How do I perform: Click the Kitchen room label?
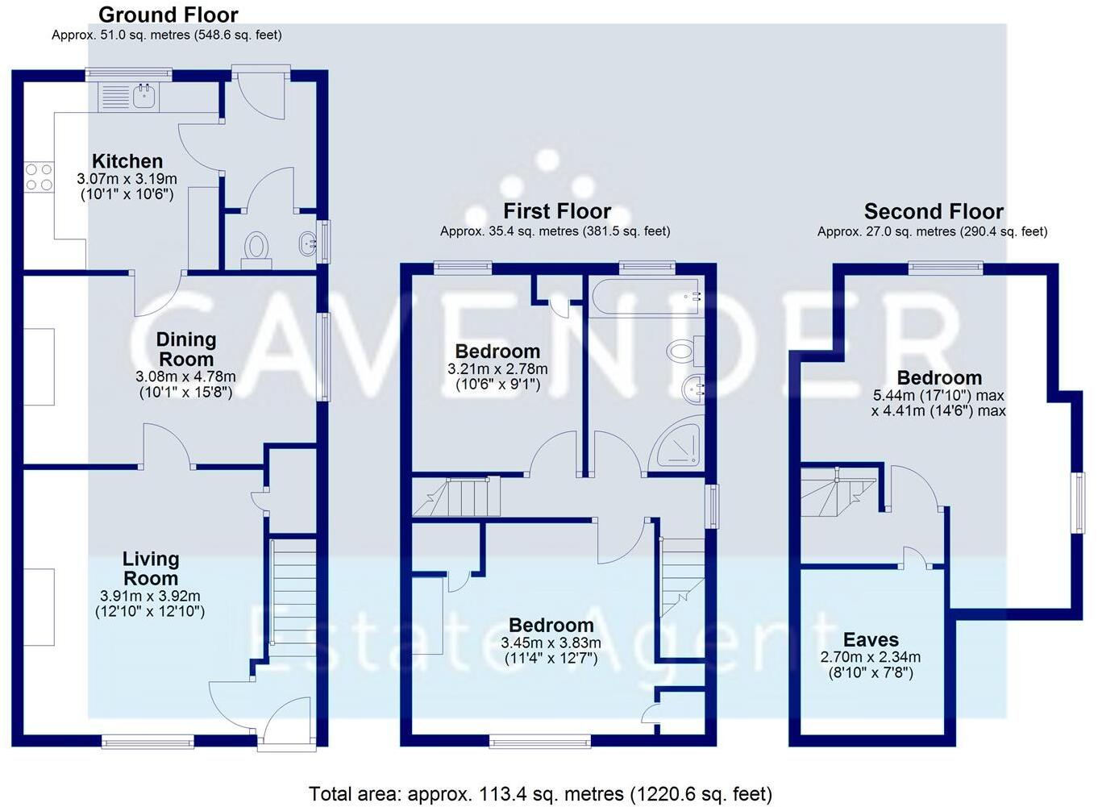(x=127, y=161)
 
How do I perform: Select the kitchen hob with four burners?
(x=39, y=177)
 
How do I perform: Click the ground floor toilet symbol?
(x=256, y=245)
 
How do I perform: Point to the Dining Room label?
(x=185, y=349)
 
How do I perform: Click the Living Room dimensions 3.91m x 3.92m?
(x=150, y=596)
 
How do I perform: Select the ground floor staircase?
(x=293, y=593)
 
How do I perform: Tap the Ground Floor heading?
(x=168, y=15)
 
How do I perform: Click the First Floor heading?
(x=556, y=211)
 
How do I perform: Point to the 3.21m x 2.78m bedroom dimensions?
(x=497, y=369)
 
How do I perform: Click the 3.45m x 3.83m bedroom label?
(x=551, y=626)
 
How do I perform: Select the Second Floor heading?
(x=933, y=211)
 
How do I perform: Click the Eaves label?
(x=871, y=640)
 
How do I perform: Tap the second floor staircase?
(x=837, y=492)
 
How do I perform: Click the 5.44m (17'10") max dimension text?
(x=938, y=396)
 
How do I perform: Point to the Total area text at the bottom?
(x=540, y=794)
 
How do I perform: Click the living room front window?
(x=148, y=740)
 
